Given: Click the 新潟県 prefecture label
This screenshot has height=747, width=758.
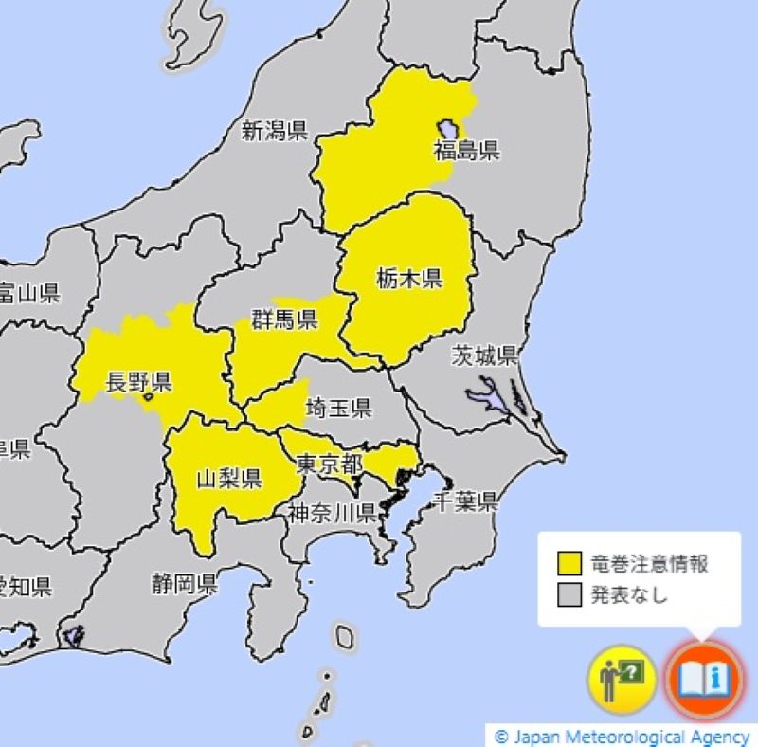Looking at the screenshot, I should (x=274, y=132).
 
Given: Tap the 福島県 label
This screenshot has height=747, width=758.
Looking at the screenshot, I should (x=466, y=150).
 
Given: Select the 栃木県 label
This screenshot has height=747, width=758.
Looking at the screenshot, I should (x=409, y=278).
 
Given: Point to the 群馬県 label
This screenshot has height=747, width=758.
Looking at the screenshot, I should (x=283, y=319).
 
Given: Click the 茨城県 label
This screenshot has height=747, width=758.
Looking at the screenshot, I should (x=484, y=356).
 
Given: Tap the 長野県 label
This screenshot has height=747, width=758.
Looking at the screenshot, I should (x=138, y=382).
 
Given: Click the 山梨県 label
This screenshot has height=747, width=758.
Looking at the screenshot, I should (x=228, y=477).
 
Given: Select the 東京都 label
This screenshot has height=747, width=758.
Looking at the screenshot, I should (x=328, y=465).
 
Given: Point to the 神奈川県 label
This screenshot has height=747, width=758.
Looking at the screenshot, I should (x=333, y=514).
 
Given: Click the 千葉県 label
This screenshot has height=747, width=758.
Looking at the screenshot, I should (x=464, y=502).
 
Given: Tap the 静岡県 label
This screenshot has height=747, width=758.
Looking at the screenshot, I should (x=184, y=583).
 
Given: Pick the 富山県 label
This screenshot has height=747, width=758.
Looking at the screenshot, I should (x=28, y=293).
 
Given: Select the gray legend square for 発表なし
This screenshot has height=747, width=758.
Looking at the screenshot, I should (x=568, y=595).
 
